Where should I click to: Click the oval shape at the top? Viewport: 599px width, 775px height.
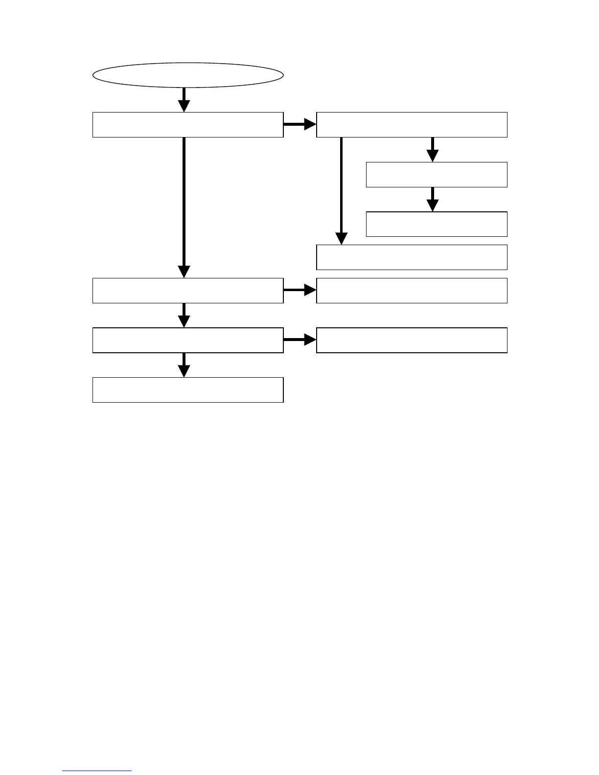188,75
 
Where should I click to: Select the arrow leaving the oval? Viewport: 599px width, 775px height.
184,99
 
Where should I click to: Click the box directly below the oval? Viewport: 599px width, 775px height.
188,125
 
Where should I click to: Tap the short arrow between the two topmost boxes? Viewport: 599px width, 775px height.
299,124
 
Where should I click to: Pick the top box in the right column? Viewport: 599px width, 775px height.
412,125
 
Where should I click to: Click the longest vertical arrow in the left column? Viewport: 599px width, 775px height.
184,205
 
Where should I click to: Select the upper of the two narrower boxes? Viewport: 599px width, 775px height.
437,175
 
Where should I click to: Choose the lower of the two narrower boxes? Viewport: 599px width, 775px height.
437,224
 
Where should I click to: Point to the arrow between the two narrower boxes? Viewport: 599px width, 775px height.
432,199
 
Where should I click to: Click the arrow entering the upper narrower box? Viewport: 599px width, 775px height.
432,149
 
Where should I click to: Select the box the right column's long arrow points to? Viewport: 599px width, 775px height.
412,257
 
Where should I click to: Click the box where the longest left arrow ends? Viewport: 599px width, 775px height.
188,291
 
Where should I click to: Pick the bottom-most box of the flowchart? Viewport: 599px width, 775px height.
188,390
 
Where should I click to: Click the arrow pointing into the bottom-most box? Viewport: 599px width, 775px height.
184,365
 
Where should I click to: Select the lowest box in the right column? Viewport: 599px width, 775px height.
412,340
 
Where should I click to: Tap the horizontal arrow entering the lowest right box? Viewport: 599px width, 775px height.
299,340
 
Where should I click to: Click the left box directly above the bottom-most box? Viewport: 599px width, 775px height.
188,340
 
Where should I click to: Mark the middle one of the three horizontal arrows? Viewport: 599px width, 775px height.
299,290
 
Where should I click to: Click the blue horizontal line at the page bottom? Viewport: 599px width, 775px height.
97,771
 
